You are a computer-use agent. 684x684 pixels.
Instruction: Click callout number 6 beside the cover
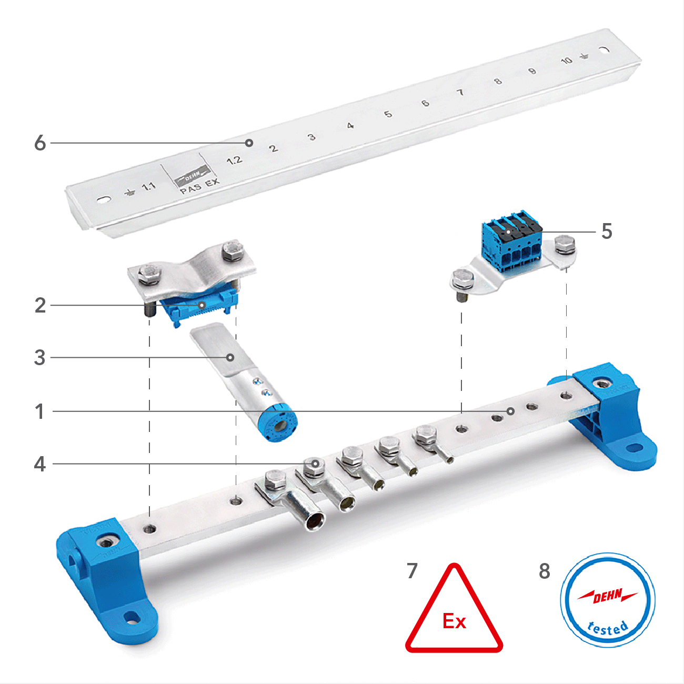[x=40, y=143]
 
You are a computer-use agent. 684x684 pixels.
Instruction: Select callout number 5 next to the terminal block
[x=607, y=232]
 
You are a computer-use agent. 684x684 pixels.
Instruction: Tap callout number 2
[x=40, y=305]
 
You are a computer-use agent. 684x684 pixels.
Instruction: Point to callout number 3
[x=40, y=358]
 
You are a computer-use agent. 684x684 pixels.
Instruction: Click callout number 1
[x=40, y=411]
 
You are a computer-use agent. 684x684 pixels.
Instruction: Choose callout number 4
[x=40, y=464]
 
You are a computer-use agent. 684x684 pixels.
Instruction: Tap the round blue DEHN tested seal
[x=608, y=600]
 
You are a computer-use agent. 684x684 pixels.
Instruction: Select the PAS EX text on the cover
[x=199, y=186]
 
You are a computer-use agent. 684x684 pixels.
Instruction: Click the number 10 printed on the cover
[x=566, y=61]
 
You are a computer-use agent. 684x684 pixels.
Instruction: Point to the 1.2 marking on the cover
[x=234, y=160]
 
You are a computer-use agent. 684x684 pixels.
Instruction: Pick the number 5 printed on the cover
[x=388, y=114]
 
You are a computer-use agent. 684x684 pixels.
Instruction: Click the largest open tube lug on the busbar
[x=315, y=521]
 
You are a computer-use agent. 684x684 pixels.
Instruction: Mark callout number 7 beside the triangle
[x=412, y=571]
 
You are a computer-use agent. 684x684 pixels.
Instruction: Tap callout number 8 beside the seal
[x=545, y=571]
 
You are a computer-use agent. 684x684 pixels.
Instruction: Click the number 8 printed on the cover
[x=497, y=82]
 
